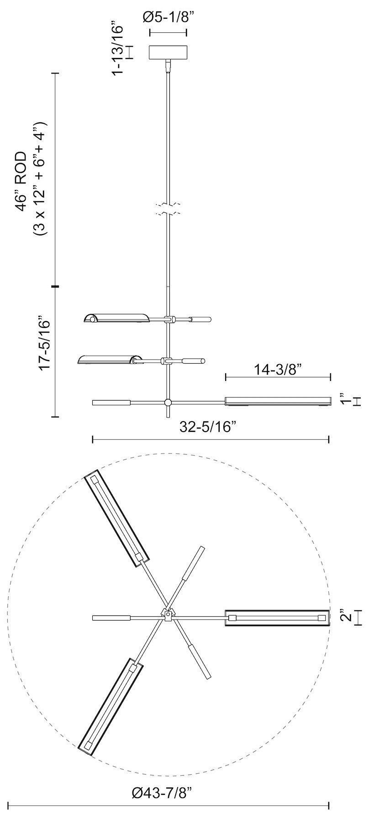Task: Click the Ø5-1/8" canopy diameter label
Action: [x=168, y=18]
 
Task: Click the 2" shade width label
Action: [x=346, y=617]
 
